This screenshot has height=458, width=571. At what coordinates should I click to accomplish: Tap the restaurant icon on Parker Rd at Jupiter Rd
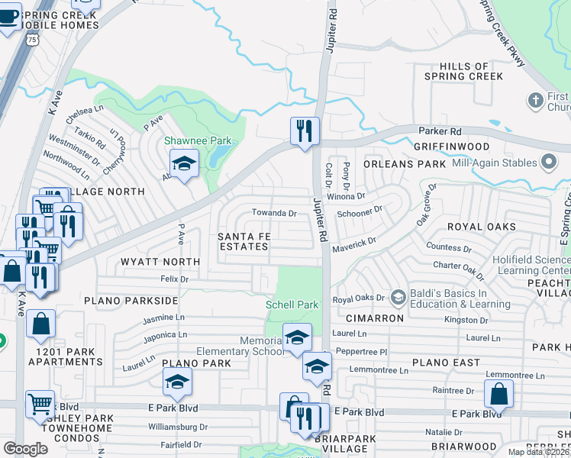tap(303, 130)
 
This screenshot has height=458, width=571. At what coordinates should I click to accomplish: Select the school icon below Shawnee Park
tap(184, 164)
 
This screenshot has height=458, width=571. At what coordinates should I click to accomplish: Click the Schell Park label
tap(292, 305)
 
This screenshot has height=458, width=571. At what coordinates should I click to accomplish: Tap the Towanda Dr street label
tap(275, 213)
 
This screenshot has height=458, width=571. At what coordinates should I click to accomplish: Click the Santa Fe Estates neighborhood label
tap(244, 241)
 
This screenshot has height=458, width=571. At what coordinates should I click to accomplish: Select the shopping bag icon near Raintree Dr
tap(498, 393)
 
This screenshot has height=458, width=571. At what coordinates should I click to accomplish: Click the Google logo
tap(25, 449)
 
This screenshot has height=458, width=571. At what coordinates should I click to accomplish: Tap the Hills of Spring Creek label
tap(460, 72)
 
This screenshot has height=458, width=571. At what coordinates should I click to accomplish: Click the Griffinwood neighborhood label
tap(450, 146)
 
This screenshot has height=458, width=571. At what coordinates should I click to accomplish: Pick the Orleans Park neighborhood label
tap(404, 164)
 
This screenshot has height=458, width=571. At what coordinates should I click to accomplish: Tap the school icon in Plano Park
tap(178, 381)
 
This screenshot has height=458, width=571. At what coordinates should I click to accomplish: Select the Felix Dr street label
tap(174, 280)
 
